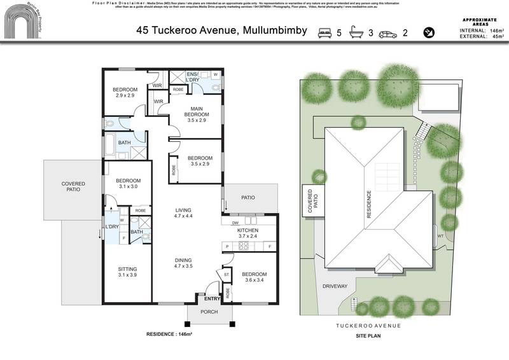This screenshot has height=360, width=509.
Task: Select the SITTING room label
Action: coord(127,272)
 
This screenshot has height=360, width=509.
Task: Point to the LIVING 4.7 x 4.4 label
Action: coord(183,213)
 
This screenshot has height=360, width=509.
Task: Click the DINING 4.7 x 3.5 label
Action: coord(183,263)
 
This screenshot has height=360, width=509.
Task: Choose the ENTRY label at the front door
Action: coord(212,298)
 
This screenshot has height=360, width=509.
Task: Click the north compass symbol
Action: coord(429,32)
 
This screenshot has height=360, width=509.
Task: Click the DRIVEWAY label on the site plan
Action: coord(335,286)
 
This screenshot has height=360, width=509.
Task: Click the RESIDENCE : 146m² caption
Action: coord(169,333)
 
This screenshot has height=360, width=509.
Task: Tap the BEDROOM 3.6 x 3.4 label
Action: coord(254,277)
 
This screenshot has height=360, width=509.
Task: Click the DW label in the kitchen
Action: coord(235,223)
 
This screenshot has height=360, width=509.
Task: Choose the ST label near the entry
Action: coord(227,275)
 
